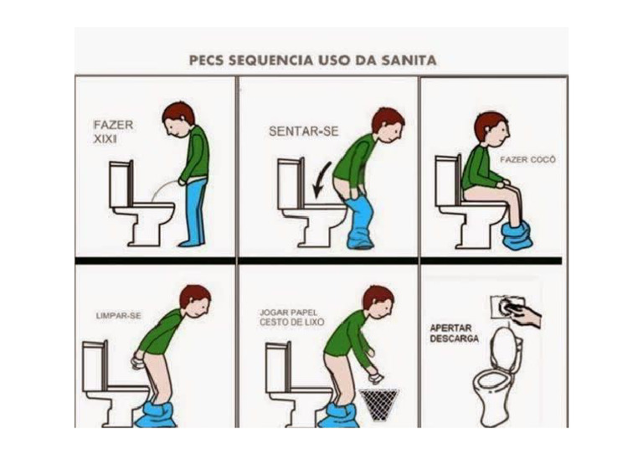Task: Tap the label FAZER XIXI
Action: (x=112, y=132)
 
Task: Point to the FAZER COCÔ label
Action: (x=527, y=158)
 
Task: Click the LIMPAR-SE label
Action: (x=118, y=316)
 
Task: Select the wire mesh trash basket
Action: (x=379, y=404)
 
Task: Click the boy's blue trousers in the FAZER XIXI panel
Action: (x=194, y=209)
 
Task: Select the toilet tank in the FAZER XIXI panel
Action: (x=121, y=179)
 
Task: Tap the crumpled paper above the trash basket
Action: (x=375, y=378)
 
